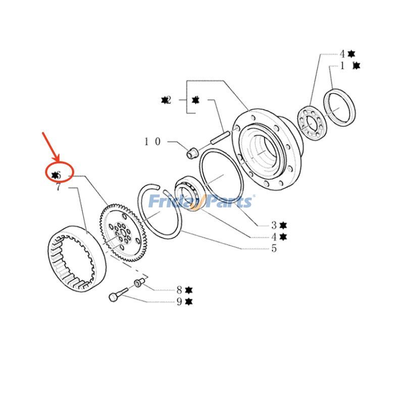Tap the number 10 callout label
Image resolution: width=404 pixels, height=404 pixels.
click(x=152, y=142)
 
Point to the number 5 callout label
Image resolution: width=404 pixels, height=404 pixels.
click(x=274, y=248)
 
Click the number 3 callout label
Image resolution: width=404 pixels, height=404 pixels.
click(x=274, y=225)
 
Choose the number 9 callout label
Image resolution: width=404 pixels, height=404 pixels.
click(x=179, y=302)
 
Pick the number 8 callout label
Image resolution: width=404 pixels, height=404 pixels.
click(x=179, y=290)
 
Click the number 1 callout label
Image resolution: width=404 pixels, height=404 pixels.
click(x=343, y=66)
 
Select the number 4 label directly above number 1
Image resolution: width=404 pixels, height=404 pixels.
click(x=342, y=54)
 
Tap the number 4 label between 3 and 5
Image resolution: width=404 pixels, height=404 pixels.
click(x=274, y=237)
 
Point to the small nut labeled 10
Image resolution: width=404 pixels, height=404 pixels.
click(x=192, y=153)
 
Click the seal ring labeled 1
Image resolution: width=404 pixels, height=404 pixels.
click(x=339, y=108)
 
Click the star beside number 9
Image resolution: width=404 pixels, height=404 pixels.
click(x=189, y=302)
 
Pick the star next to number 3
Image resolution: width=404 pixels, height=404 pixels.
click(x=283, y=225)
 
